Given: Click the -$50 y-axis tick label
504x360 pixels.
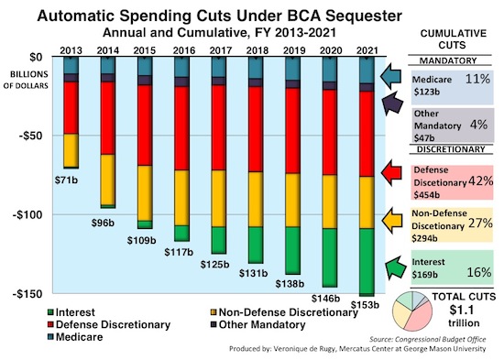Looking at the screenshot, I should pyautogui.click(x=30, y=136).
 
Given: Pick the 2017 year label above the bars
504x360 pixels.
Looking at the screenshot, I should pyautogui.click(x=218, y=49).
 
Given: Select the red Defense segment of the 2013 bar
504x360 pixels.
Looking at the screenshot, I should pyautogui.click(x=70, y=107).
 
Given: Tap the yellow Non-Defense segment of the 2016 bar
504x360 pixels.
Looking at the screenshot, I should pyautogui.click(x=181, y=197).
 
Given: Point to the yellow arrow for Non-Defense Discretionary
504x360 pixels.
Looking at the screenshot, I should pyautogui.click(x=395, y=220).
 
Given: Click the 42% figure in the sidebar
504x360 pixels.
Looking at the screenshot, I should pyautogui.click(x=475, y=180).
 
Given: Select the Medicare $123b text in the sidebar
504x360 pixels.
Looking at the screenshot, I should pyautogui.click(x=432, y=85).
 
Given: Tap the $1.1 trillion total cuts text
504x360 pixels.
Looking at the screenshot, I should pyautogui.click(x=466, y=317).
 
